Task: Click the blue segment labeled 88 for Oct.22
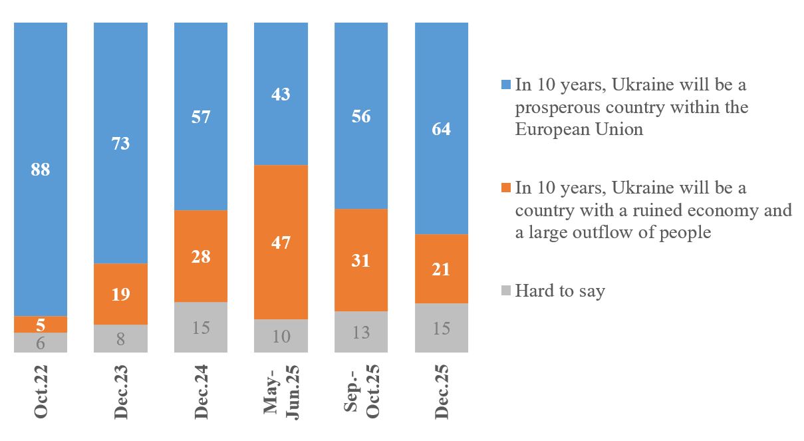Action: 41,169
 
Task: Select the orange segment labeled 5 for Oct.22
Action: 41,324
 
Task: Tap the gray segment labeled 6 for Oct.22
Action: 41,342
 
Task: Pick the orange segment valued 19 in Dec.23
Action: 120,294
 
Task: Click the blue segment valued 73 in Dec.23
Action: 120,143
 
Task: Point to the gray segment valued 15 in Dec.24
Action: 201,327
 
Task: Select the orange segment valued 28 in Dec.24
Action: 201,256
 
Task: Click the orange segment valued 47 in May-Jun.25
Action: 281,242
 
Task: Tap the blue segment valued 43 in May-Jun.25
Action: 281,94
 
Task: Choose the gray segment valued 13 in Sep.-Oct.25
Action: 361,331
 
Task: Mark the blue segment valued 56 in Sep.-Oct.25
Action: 361,116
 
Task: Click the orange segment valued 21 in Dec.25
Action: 442,269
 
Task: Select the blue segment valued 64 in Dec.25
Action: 442,128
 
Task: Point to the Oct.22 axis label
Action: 41,391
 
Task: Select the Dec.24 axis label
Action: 201,391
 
